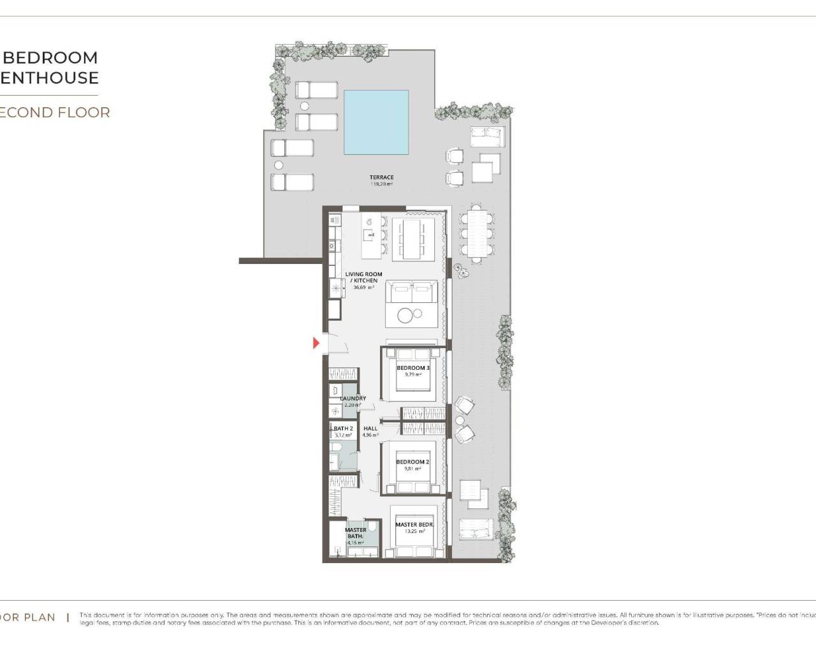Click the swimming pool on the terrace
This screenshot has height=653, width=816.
376,122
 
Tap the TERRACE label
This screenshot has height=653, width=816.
381,177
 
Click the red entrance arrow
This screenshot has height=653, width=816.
316,344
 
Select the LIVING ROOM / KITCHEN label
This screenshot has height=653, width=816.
363,277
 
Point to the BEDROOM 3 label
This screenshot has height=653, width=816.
412,368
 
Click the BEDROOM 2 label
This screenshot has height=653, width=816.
412,462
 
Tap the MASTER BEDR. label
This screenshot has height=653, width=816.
414,525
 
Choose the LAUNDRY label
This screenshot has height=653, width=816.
353,399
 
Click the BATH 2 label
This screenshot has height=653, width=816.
343,429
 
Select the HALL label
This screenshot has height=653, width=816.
370,429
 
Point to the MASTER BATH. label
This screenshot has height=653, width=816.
356,533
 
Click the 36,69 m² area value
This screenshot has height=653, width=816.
363,287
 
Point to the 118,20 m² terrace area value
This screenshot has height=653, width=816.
381,184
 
